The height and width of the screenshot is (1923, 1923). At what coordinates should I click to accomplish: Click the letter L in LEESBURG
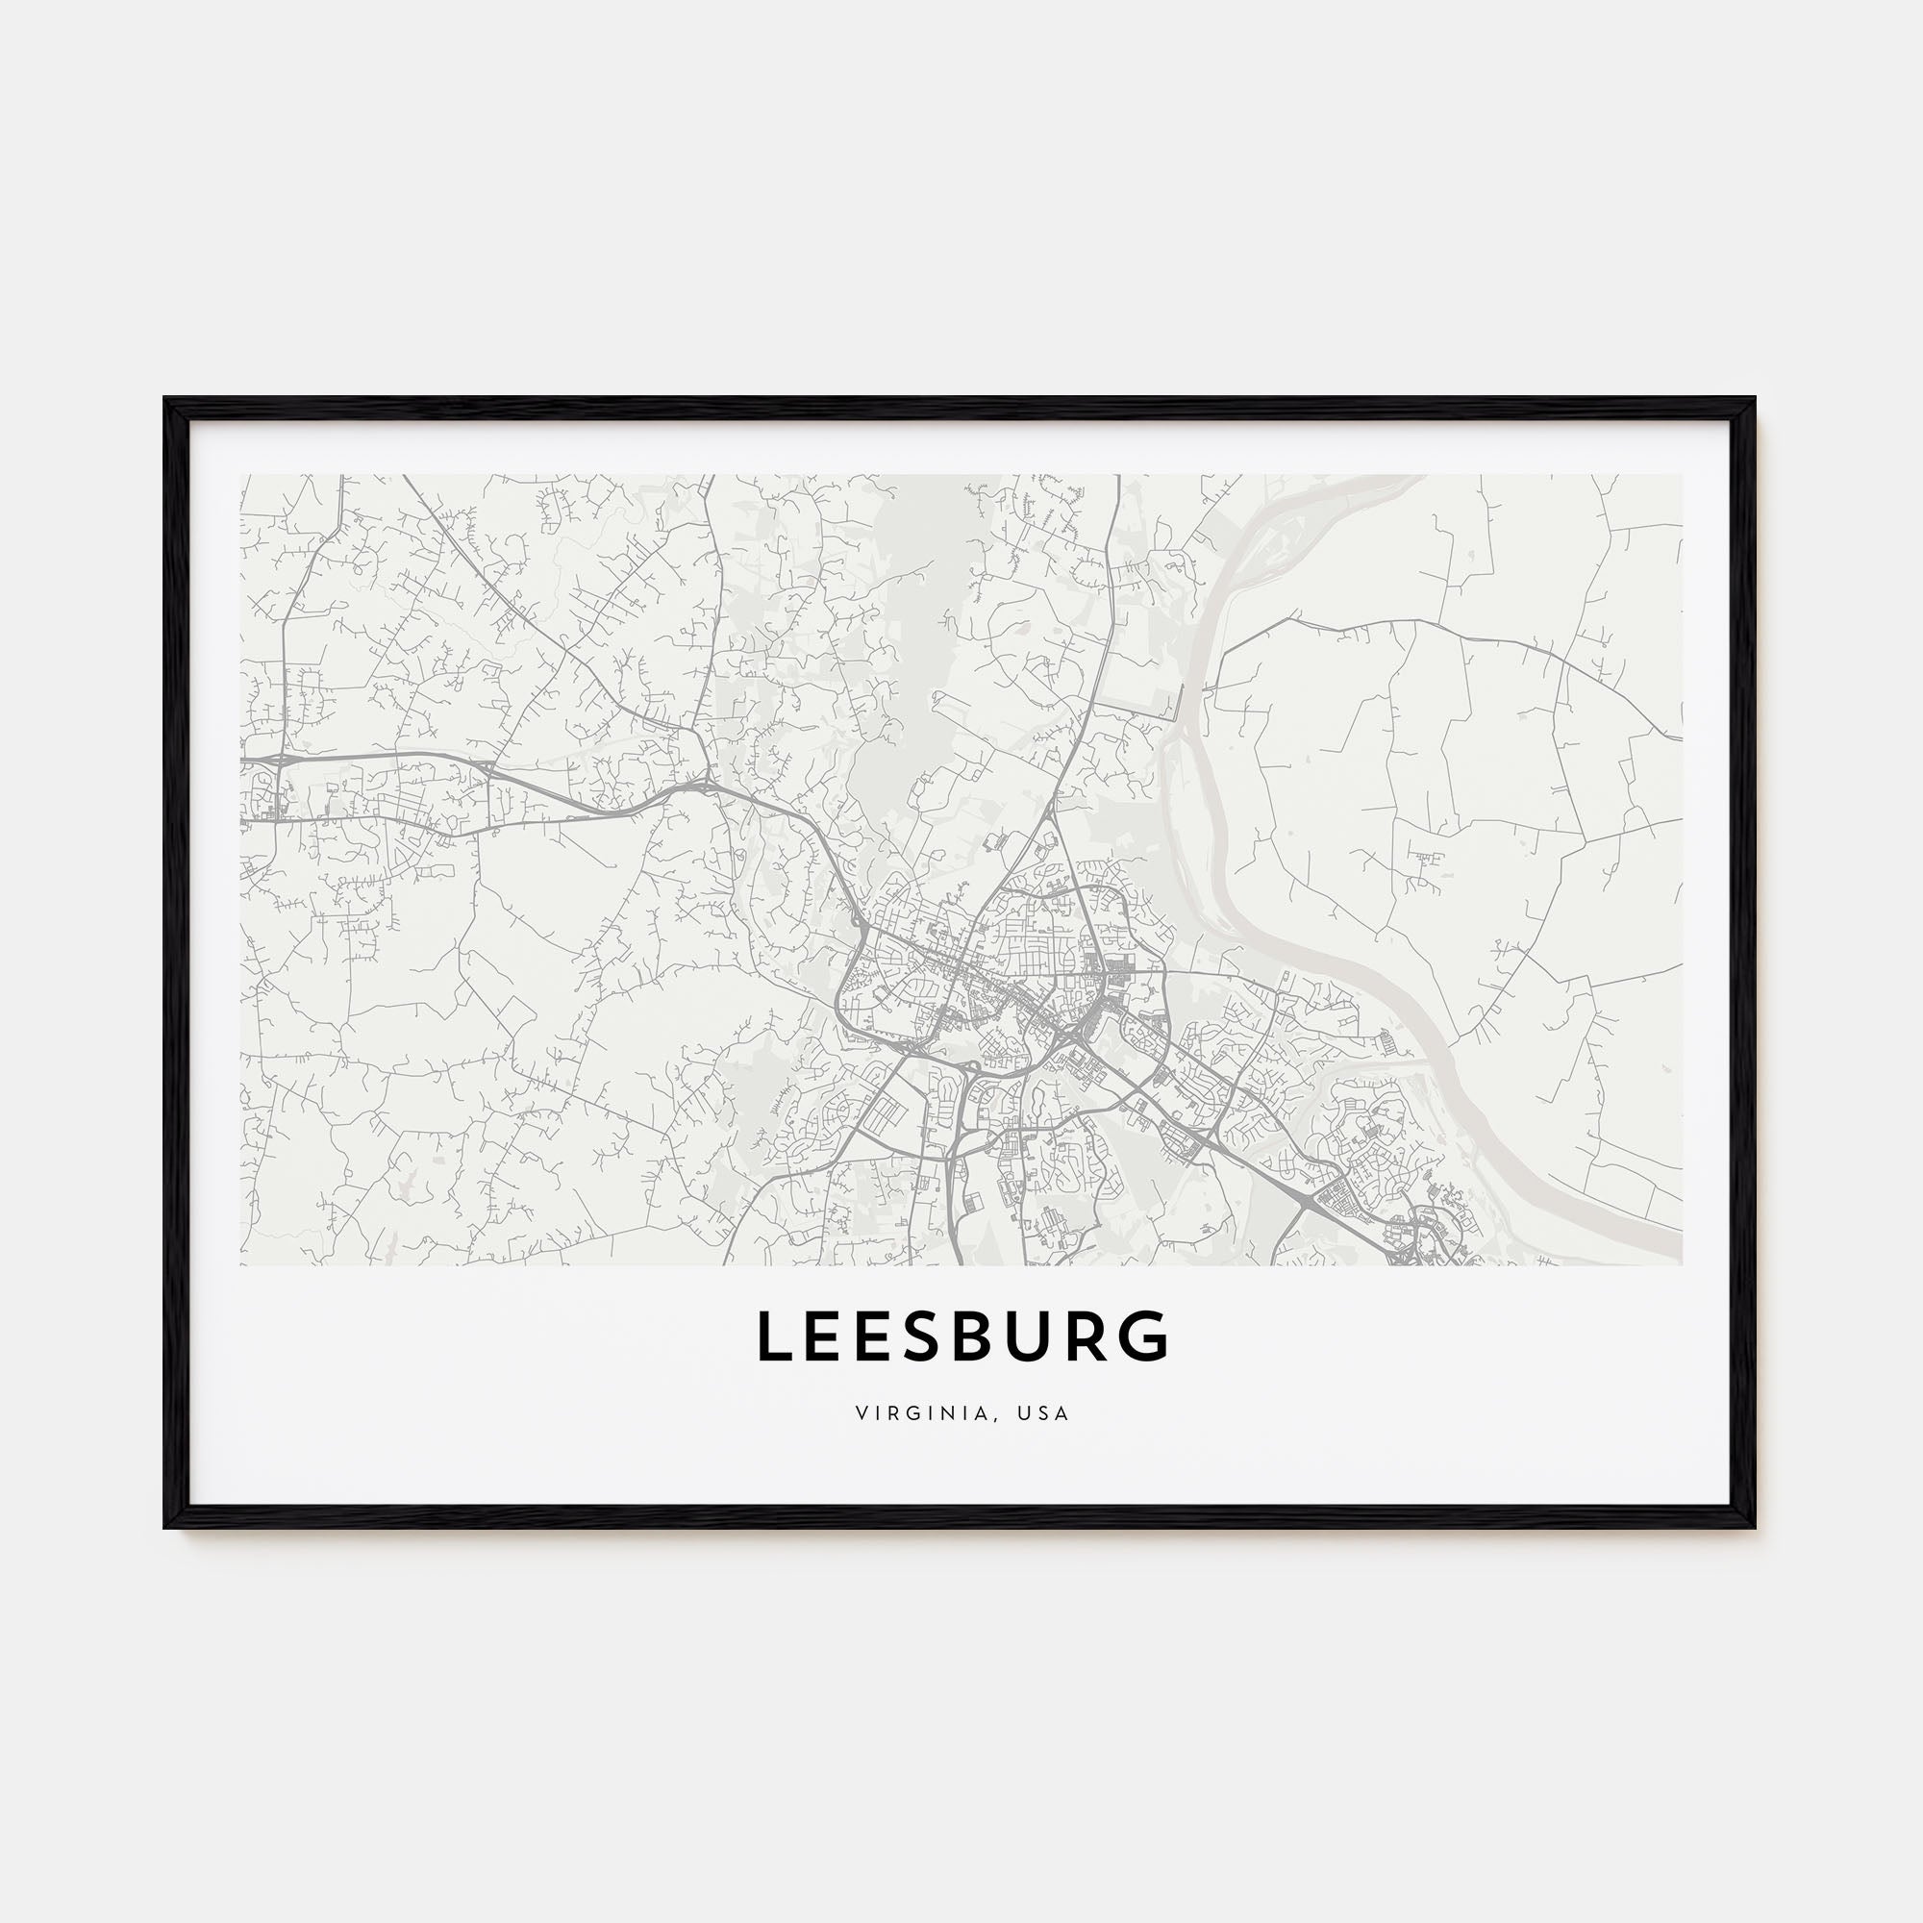pos(773,1336)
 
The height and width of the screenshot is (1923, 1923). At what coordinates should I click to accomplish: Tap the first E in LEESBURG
pos(827,1336)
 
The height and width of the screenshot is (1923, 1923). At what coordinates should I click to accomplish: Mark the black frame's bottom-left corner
pos(167,1526)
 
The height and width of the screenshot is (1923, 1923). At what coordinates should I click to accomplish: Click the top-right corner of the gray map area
pos(1682,475)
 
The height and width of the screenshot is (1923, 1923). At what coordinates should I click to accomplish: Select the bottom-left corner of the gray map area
pos(241,1265)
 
